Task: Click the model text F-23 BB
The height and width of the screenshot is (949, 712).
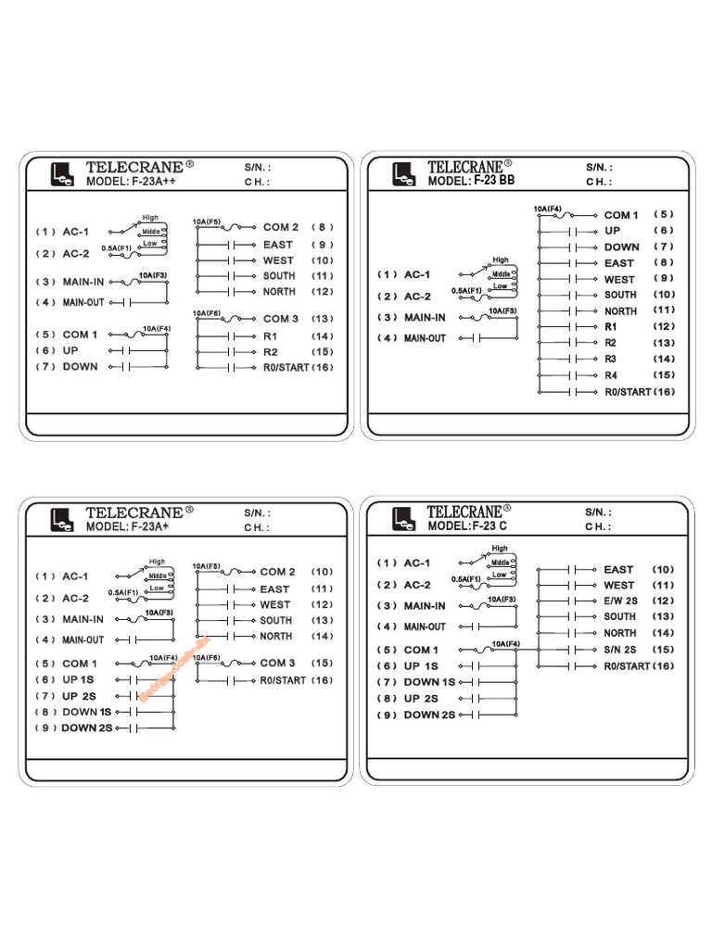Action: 493,181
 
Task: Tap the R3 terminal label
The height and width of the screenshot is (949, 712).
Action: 611,359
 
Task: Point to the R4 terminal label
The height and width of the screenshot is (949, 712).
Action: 611,375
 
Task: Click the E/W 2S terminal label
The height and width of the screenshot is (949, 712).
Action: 620,601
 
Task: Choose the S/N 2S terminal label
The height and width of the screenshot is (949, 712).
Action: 620,649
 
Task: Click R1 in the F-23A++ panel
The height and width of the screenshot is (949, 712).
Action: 271,335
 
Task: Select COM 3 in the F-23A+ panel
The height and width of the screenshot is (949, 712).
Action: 277,663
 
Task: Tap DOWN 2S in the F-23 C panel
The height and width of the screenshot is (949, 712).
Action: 429,715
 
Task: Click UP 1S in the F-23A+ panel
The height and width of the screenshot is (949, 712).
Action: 78,679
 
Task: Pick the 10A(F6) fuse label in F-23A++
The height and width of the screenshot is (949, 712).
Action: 208,314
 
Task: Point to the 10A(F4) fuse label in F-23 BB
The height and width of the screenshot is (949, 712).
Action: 547,209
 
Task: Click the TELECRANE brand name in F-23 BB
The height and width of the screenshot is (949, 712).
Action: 468,166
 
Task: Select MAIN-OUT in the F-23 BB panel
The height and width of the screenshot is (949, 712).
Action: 425,338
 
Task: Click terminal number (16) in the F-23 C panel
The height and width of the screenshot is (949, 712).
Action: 665,665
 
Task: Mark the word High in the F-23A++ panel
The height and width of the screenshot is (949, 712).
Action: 150,218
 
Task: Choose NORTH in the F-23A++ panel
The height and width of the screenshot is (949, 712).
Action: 279,291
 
